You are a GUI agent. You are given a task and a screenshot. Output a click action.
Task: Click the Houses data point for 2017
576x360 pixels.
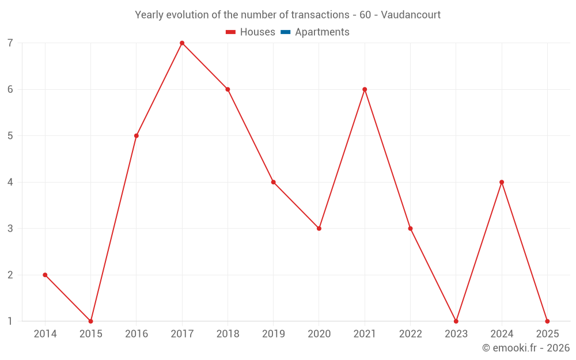pyautogui.click(x=182, y=43)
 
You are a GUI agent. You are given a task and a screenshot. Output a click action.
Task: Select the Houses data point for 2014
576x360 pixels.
pyautogui.click(x=45, y=275)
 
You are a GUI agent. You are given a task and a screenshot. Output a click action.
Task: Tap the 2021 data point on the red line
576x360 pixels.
pyautogui.click(x=365, y=89)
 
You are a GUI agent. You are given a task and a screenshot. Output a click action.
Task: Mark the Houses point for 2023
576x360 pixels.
pyautogui.click(x=456, y=321)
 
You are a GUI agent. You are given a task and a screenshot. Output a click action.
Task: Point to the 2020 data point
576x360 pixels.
pyautogui.click(x=319, y=229)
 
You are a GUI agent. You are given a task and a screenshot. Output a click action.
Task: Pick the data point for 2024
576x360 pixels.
pyautogui.click(x=502, y=182)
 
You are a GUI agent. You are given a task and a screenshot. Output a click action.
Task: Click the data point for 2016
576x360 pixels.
pyautogui.click(x=137, y=136)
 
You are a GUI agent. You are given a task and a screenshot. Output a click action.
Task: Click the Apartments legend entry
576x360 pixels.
pyautogui.click(x=322, y=32)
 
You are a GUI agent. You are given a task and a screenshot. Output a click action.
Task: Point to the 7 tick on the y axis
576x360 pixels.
pyautogui.click(x=10, y=43)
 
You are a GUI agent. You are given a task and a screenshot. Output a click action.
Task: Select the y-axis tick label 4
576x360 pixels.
pyautogui.click(x=10, y=182)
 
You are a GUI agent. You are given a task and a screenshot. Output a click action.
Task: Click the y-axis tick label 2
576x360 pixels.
pyautogui.click(x=10, y=275)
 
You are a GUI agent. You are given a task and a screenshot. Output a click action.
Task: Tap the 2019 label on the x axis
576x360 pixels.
pyautogui.click(x=274, y=334)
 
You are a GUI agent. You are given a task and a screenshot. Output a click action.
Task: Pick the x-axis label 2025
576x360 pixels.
pyautogui.click(x=547, y=334)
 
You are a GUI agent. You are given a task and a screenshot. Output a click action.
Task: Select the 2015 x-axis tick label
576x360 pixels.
pyautogui.click(x=91, y=334)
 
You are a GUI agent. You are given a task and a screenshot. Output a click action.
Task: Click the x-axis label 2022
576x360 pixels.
pyautogui.click(x=410, y=334)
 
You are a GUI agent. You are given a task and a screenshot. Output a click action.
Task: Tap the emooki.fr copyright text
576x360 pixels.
pyautogui.click(x=526, y=348)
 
